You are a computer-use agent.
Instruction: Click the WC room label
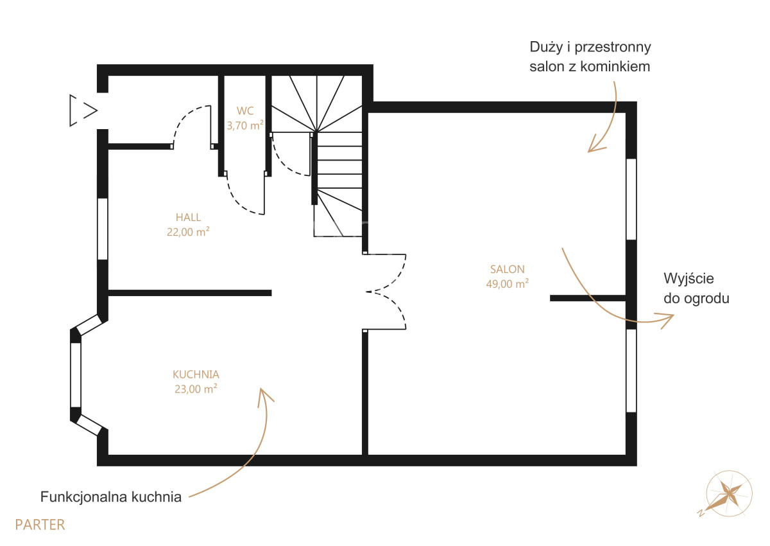(x=245, y=110)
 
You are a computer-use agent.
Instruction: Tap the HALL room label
(x=188, y=218)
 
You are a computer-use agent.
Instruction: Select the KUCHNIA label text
(x=196, y=374)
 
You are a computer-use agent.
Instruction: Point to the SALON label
(x=508, y=269)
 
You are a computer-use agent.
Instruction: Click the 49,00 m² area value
(x=508, y=284)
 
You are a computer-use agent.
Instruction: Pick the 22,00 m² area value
(x=188, y=232)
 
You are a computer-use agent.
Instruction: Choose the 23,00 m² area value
(x=196, y=389)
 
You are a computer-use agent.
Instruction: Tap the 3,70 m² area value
(x=245, y=125)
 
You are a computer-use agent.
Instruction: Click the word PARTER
(x=40, y=525)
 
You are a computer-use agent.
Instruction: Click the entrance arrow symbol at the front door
(x=83, y=110)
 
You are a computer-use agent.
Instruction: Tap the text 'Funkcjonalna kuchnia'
(x=110, y=497)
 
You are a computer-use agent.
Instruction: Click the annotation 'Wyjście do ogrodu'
(x=696, y=288)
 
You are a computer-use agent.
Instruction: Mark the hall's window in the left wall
(x=103, y=229)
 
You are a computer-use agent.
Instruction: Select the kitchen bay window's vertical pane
(x=76, y=375)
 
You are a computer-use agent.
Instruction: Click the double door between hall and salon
(x=385, y=292)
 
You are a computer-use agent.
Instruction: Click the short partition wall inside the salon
(x=588, y=298)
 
